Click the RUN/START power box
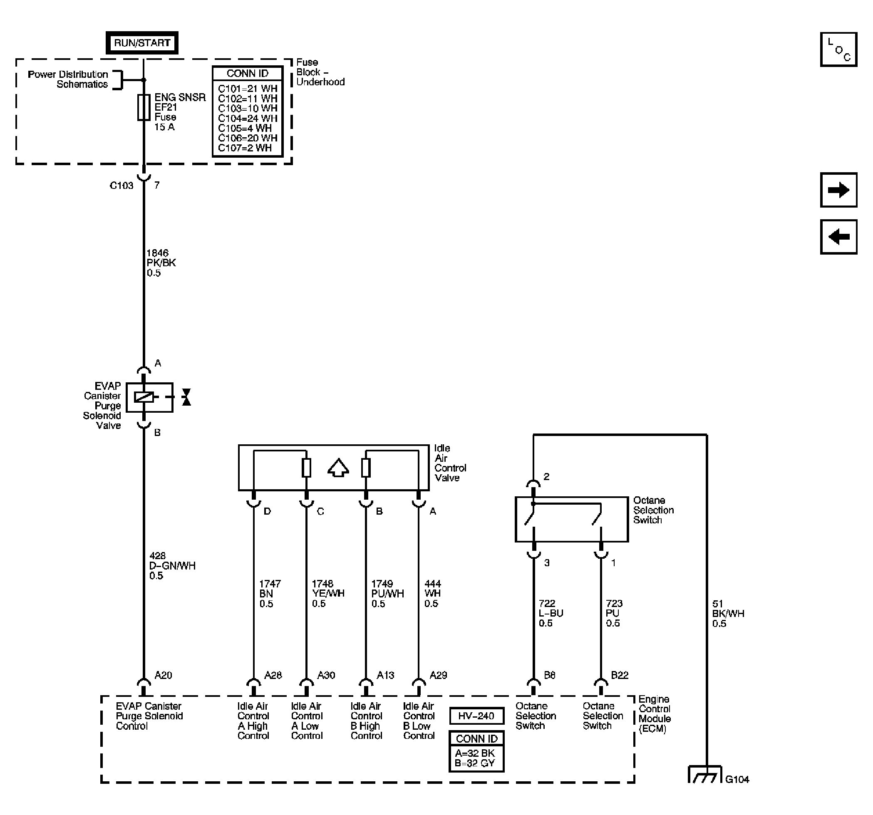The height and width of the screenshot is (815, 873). point(142,42)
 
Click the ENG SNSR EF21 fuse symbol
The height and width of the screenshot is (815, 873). point(144,107)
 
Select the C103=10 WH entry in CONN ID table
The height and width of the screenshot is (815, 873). point(247,108)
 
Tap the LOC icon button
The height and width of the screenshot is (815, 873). point(838,49)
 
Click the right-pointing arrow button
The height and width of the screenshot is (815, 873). point(838,190)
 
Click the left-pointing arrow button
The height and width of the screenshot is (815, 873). point(838,237)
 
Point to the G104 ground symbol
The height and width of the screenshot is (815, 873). point(704,775)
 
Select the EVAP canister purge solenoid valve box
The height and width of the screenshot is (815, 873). point(149,397)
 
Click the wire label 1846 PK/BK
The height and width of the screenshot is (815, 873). point(161,263)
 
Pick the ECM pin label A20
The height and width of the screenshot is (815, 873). point(163,675)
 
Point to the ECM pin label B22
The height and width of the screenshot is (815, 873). point(619,675)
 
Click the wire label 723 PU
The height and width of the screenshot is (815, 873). point(613,613)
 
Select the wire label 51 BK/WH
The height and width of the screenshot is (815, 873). point(728,614)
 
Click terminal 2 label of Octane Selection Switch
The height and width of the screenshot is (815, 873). point(546,476)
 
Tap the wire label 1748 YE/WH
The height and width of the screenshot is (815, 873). point(327,593)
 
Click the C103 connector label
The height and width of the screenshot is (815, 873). point(121,185)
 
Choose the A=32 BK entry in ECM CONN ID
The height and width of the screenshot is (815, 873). point(475,753)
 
